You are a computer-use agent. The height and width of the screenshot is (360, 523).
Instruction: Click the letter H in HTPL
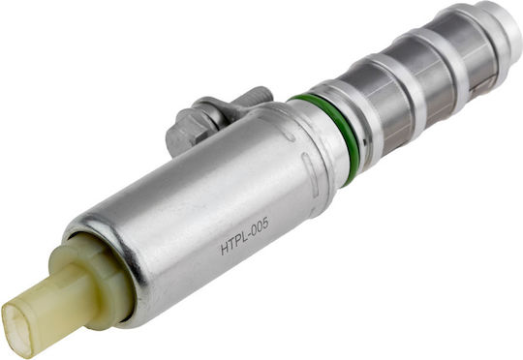point(225,249)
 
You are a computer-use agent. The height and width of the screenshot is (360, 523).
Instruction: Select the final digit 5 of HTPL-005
point(265,224)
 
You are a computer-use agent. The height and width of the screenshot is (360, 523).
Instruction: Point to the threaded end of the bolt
point(255,96)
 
